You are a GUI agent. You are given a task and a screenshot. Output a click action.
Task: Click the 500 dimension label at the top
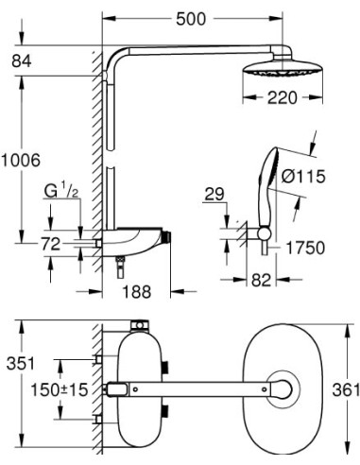(191, 19)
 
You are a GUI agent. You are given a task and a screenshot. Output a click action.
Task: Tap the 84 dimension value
(22, 60)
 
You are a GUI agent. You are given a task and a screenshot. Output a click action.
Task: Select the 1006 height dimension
(21, 160)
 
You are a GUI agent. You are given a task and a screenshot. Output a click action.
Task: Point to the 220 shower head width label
(282, 97)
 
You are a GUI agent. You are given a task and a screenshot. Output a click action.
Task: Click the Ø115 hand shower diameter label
(303, 176)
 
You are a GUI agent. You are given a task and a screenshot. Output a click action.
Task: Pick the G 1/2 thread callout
(61, 192)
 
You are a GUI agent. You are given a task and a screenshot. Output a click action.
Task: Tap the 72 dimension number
(50, 244)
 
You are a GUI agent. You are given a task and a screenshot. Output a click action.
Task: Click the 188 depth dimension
(137, 291)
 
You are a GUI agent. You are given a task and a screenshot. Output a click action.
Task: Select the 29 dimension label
(214, 195)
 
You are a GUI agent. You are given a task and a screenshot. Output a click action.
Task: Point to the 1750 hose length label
(305, 248)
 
